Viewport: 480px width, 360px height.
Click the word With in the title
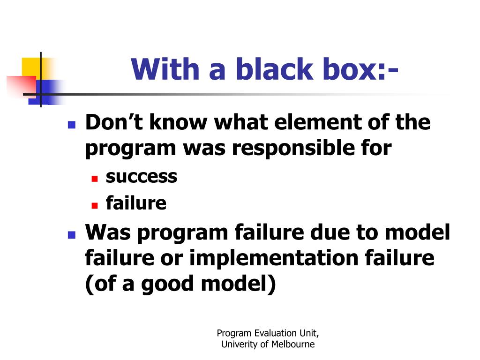coord(165,69)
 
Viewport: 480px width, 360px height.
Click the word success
coord(142,177)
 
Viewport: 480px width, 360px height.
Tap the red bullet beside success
coord(95,179)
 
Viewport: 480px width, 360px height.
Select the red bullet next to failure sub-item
coord(95,205)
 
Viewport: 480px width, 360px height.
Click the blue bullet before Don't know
coord(72,125)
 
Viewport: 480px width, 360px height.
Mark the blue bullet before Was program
coord(72,235)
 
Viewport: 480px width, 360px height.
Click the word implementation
coord(274,259)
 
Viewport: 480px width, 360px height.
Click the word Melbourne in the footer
coord(293,345)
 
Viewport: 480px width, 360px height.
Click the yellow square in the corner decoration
coord(31,67)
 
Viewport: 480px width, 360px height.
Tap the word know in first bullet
coord(178,122)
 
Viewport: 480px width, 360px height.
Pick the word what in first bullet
coord(240,122)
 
